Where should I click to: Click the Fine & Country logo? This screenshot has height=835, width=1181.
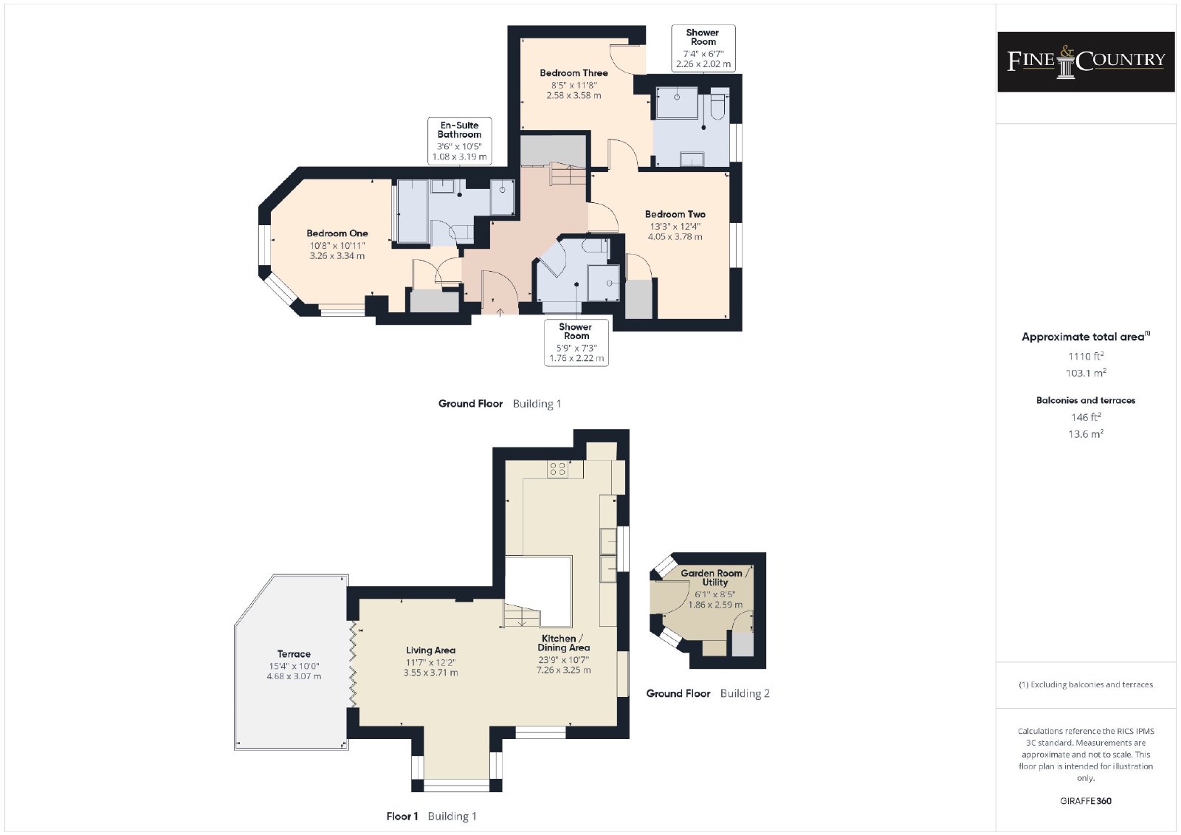tap(1086, 62)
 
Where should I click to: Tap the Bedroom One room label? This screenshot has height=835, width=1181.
tap(337, 233)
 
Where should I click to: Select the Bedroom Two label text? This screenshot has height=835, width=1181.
tap(675, 214)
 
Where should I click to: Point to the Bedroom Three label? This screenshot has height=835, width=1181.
tap(574, 73)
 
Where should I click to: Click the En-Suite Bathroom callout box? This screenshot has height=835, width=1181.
tap(460, 141)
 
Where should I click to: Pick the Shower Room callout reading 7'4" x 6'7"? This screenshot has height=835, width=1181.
tap(703, 48)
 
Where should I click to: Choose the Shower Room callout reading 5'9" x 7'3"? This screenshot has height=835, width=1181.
tap(576, 343)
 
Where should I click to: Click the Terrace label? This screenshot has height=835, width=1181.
tap(294, 654)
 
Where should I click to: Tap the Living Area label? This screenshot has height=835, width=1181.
tap(430, 650)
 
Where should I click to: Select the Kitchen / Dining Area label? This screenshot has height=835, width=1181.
tap(564, 643)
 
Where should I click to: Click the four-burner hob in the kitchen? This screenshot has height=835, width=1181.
tap(558, 469)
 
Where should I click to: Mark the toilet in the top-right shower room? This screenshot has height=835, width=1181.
tap(718, 106)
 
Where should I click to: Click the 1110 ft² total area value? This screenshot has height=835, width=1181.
tap(1086, 356)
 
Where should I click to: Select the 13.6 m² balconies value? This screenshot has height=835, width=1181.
tap(1086, 434)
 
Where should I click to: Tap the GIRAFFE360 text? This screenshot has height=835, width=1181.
tap(1086, 801)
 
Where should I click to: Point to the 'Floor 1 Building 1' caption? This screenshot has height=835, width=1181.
tap(431, 817)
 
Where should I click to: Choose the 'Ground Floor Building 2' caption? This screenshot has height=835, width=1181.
tap(708, 694)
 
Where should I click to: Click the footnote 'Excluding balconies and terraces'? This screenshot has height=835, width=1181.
tap(1086, 684)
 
